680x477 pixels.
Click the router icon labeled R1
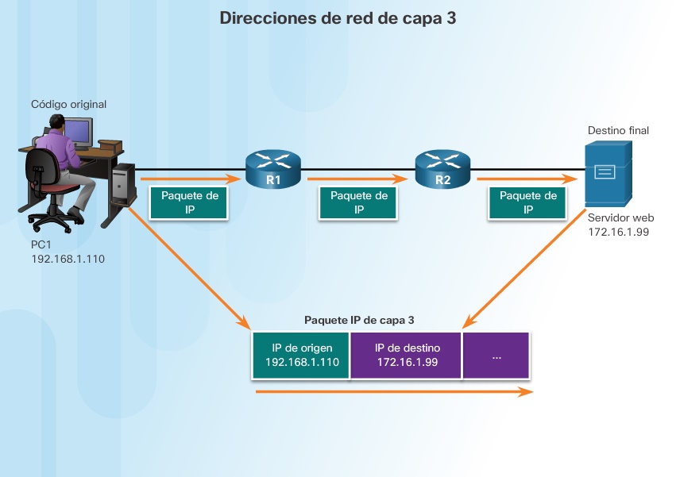[273, 168]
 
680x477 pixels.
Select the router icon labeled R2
[442, 168]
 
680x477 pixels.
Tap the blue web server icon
[608, 174]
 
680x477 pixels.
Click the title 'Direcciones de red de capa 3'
[338, 19]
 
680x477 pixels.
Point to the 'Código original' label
[68, 104]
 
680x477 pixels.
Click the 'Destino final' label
[618, 129]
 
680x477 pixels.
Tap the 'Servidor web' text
[620, 217]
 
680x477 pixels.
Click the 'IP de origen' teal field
[301, 355]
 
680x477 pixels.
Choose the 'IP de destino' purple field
[407, 355]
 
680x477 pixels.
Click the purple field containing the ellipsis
[496, 355]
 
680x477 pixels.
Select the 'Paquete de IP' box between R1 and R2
[358, 202]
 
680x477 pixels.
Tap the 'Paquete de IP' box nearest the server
[528, 202]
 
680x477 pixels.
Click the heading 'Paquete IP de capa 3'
[359, 320]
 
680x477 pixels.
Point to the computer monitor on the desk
[78, 133]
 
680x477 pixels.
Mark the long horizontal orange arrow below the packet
[393, 391]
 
